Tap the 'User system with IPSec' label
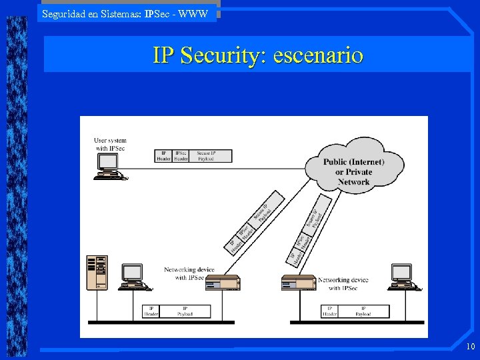click(110, 144)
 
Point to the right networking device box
click(299, 284)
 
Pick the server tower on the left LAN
click(97, 272)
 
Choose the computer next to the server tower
click(133, 277)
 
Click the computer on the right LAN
click(403, 277)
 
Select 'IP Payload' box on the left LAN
click(185, 311)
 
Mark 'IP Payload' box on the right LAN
click(363, 311)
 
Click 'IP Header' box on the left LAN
click(151, 311)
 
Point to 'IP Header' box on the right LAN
click(329, 311)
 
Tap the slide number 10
click(471, 346)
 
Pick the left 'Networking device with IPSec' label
click(189, 273)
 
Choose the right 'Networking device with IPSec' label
click(343, 284)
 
